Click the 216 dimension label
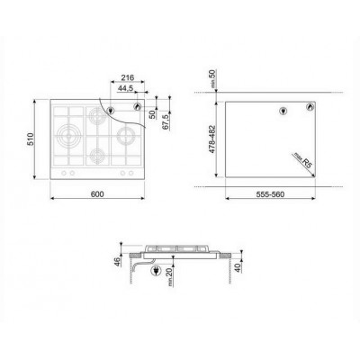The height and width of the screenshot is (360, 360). pyautogui.click(x=127, y=77)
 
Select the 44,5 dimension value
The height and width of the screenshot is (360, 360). pyautogui.click(x=125, y=88)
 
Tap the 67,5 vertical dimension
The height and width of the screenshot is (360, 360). pyautogui.click(x=166, y=121)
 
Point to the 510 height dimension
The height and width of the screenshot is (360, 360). pyautogui.click(x=31, y=139)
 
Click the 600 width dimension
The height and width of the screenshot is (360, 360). pyautogui.click(x=97, y=194)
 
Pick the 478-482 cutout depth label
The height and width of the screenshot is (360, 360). pyautogui.click(x=212, y=139)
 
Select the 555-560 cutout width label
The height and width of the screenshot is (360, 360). pyautogui.click(x=270, y=194)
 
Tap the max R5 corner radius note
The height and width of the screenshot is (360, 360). pyautogui.click(x=303, y=160)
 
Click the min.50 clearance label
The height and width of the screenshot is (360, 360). pyautogui.click(x=212, y=78)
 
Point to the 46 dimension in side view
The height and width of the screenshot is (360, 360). pyautogui.click(x=118, y=261)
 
